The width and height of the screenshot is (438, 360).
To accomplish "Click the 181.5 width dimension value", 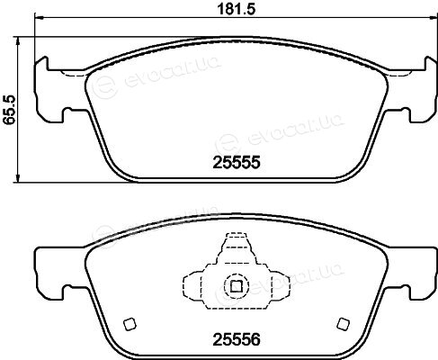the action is (x=236, y=9).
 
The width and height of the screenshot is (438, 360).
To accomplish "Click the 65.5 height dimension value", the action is (x=9, y=110).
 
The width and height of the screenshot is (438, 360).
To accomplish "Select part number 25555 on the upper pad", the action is (x=237, y=163).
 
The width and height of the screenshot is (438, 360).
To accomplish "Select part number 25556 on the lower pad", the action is (x=237, y=339).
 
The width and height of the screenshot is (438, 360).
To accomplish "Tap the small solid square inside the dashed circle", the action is (x=237, y=286).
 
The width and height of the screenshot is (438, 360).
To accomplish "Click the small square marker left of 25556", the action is (x=130, y=324).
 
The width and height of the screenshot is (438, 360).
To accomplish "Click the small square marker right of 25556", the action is (x=344, y=324).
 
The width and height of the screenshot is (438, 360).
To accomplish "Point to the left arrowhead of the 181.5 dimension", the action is (x=40, y=18).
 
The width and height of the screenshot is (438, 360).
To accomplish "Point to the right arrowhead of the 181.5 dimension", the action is (x=434, y=18).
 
